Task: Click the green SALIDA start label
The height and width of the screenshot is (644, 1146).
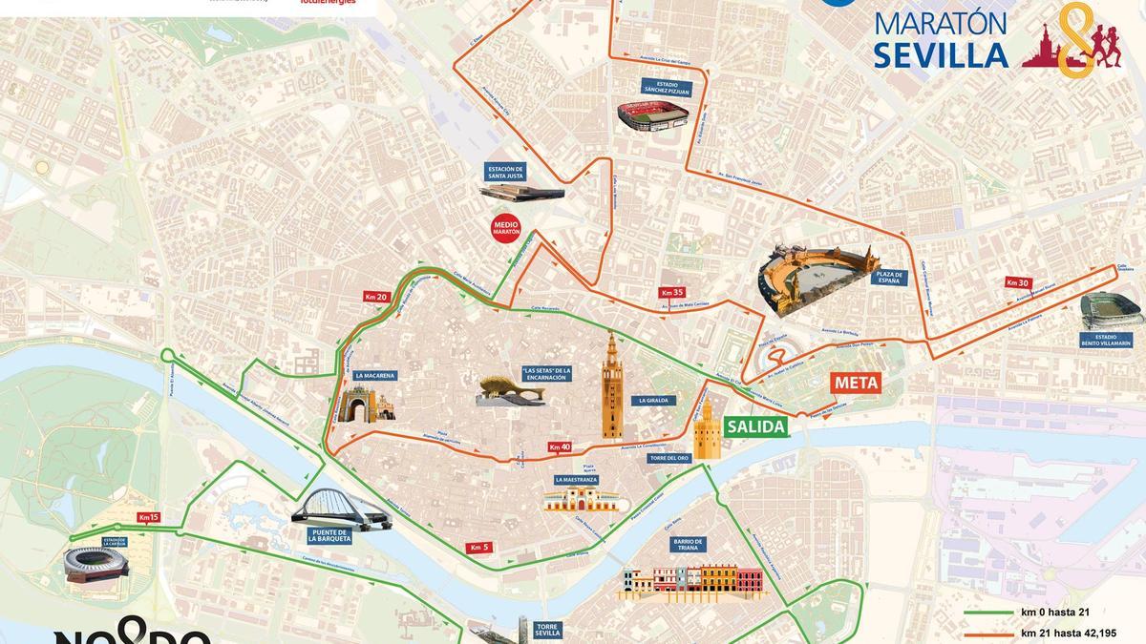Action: coord(756,426)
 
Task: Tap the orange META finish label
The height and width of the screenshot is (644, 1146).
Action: coord(855,383)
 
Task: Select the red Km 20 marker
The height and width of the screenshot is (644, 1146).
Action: coord(375,297)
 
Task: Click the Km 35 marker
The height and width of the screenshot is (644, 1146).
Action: coord(671,292)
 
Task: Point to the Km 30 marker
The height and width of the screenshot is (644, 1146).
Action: coord(1017,282)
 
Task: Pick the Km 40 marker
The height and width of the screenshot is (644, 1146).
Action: coord(560,447)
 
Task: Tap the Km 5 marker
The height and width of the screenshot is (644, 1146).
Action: coord(479,548)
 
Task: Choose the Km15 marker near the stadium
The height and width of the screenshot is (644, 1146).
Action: coord(148,517)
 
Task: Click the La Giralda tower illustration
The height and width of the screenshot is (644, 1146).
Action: coord(611,386)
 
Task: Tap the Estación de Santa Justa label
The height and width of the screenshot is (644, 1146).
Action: coord(506,171)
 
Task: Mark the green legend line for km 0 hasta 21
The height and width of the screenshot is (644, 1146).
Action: coord(987,613)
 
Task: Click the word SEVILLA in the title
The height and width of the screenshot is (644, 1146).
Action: coord(941,54)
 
